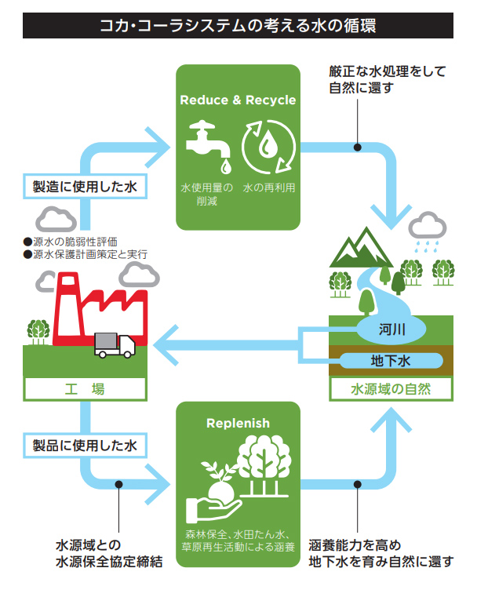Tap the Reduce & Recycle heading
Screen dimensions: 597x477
point(238,100)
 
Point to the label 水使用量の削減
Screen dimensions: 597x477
point(207,195)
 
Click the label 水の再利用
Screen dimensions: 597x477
point(268,188)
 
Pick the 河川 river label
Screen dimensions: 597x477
point(391,329)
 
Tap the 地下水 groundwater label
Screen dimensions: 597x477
point(391,361)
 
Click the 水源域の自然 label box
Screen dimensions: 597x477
point(391,388)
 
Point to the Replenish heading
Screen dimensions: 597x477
point(238,424)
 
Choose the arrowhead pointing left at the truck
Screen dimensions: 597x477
point(165,341)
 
